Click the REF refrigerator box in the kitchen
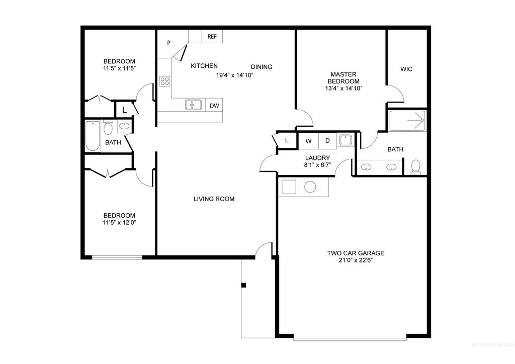212,37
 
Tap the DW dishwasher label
214,106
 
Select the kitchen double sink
193,105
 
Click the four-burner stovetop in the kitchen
164,81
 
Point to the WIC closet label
406,69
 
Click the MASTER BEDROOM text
344,77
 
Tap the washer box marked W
309,141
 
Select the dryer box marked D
327,141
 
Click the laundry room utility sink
345,140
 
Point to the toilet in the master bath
415,166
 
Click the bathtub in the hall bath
93,136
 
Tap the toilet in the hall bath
108,129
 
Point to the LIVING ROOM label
214,199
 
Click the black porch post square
243,286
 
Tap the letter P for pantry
169,43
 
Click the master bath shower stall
407,121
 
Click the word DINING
262,67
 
